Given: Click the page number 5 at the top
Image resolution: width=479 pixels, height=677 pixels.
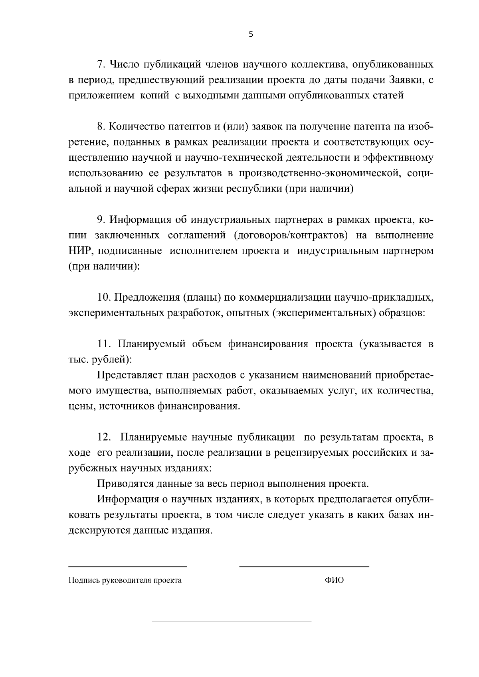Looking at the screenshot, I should point(251,34).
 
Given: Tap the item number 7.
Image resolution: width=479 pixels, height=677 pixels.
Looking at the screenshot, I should point(101,65).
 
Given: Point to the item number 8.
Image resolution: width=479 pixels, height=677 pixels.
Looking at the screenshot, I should point(101,127).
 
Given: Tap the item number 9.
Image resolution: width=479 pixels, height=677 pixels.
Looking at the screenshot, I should point(101,220).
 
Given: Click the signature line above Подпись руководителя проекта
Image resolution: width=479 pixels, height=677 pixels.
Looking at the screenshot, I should point(127,566).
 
